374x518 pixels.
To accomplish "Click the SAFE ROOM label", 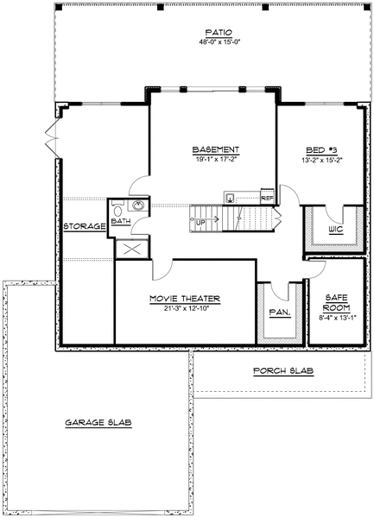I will click(335, 301).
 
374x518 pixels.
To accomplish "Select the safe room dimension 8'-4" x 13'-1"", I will click(335, 319).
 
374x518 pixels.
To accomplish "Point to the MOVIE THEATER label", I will click(184, 299).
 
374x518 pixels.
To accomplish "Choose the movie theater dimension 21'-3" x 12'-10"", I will click(184, 309).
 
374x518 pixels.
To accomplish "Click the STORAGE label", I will click(84, 226).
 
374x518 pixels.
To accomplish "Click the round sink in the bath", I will click(136, 207).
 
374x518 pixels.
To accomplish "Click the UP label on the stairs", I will click(200, 222).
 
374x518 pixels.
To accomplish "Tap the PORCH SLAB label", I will click(282, 371).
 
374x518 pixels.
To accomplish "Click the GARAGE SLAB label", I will click(96, 423).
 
